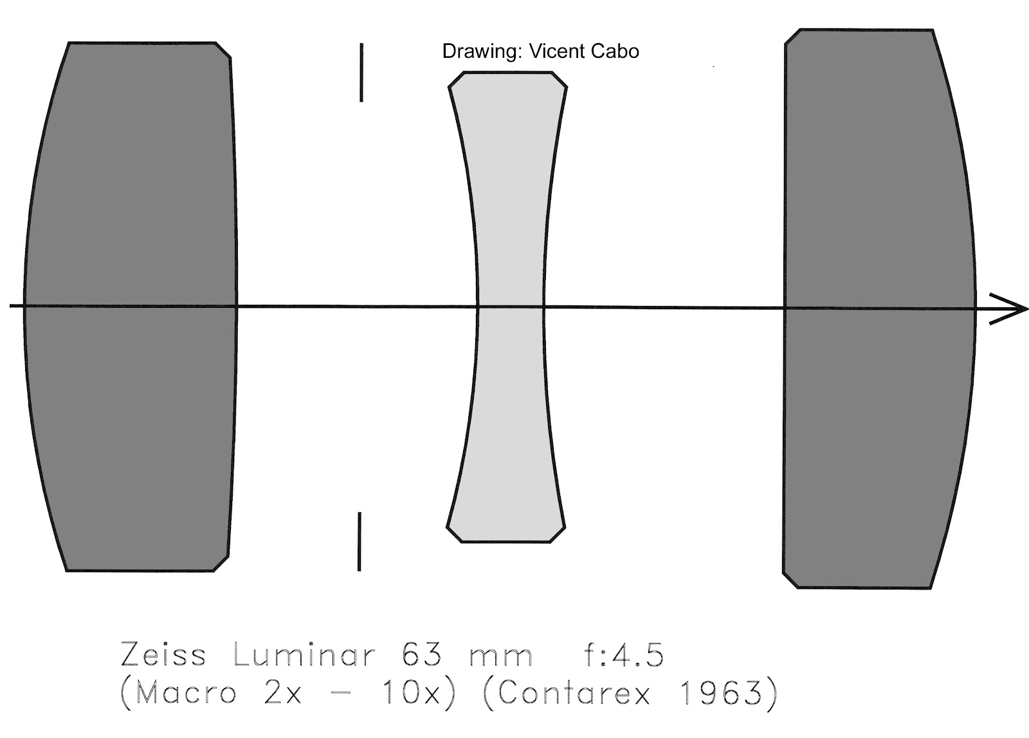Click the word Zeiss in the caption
[x=163, y=656]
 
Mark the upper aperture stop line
[x=361, y=72]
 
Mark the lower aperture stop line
[x=359, y=541]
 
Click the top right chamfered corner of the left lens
[x=223, y=50]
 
